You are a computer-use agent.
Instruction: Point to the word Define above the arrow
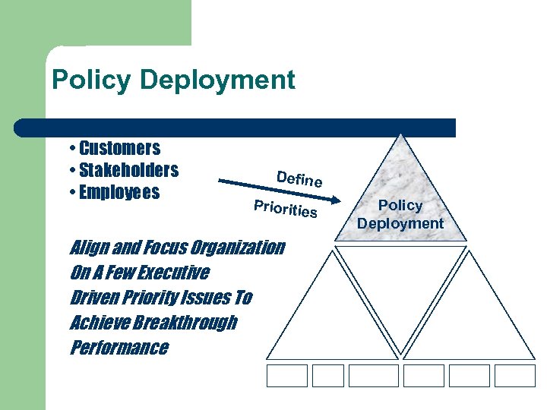pos(299,179)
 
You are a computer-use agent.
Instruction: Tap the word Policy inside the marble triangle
pos(400,205)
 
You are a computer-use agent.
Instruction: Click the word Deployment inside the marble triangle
pos(400,223)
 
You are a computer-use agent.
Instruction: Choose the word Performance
pos(119,348)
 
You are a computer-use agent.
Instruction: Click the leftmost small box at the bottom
pos(287,375)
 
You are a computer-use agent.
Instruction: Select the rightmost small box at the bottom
pos(515,375)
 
